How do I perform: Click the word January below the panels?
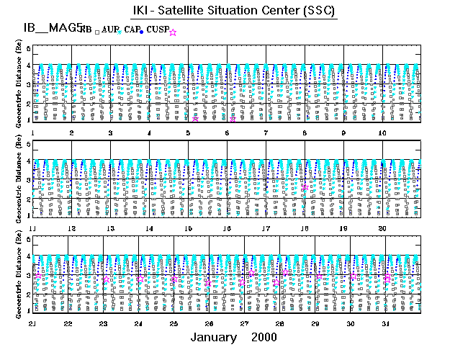pos(214,337)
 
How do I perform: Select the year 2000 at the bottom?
pos(264,337)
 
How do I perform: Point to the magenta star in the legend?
pos(173,32)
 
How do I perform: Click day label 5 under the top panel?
pos(188,133)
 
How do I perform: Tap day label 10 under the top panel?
pos(382,133)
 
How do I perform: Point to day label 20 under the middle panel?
pos(382,228)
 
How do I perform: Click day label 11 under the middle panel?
pos(33,228)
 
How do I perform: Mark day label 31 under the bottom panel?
pos(385,323)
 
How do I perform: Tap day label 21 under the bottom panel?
pos(33,323)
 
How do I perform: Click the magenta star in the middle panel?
pos(305,187)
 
